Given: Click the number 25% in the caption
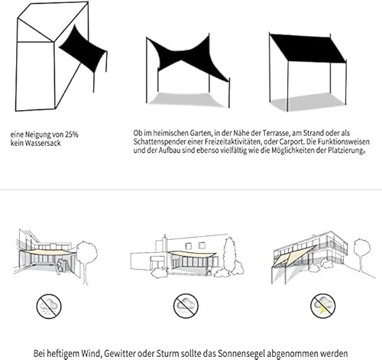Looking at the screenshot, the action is pyautogui.click(x=72, y=135).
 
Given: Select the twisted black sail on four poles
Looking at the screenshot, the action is pyautogui.click(x=187, y=59).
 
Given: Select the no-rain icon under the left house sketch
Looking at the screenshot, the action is pyautogui.click(x=49, y=306).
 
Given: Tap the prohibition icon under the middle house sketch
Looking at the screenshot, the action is pyautogui.click(x=186, y=306).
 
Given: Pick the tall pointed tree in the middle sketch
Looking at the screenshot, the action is pyautogui.click(x=230, y=255).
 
